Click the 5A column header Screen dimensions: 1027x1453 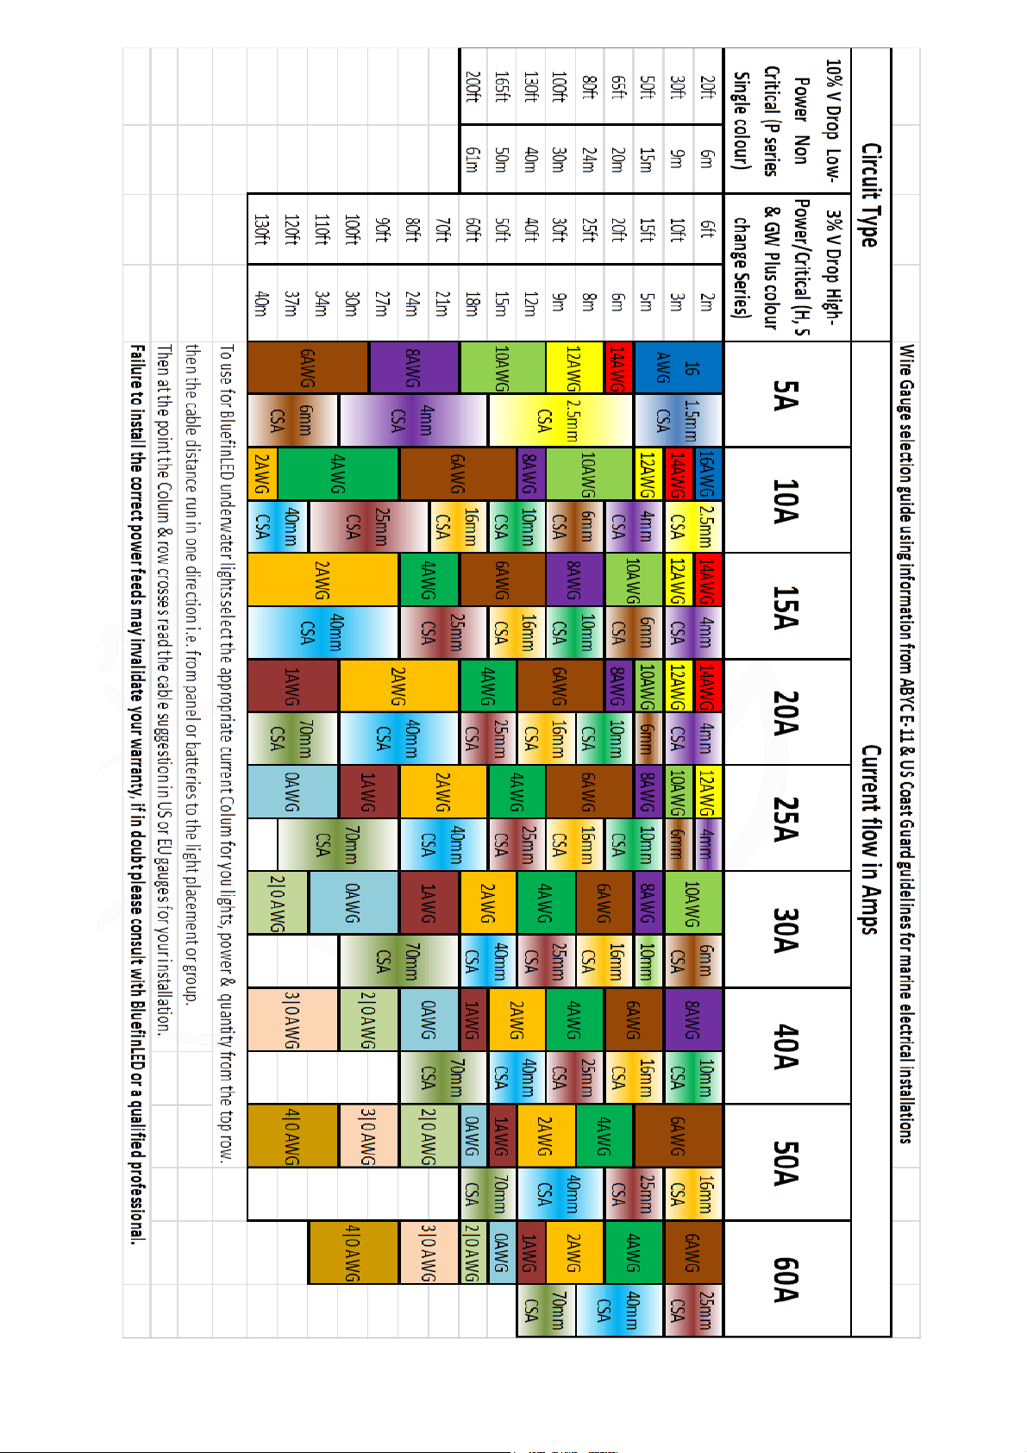tap(786, 394)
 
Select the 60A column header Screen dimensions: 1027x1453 tap(786, 1279)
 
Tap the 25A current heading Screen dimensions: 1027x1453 tap(786, 818)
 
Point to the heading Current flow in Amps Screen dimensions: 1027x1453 tap(870, 839)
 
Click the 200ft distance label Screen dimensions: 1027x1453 tap(473, 86)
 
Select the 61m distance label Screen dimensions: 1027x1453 tap(473, 160)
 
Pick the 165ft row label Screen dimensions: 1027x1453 tap(502, 86)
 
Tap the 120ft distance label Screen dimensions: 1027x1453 tap(292, 229)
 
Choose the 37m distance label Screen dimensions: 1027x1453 tap(292, 303)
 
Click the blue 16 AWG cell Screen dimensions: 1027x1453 tap(678, 368)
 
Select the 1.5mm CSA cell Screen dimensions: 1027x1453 tap(678, 420)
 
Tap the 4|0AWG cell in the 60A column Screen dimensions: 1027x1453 tap(353, 1253)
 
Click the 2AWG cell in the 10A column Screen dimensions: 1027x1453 tap(262, 473)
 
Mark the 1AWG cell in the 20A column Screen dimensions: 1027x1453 tap(292, 686)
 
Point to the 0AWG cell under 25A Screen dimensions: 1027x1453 tap(292, 792)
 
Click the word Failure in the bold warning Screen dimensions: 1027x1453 tap(137, 369)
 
